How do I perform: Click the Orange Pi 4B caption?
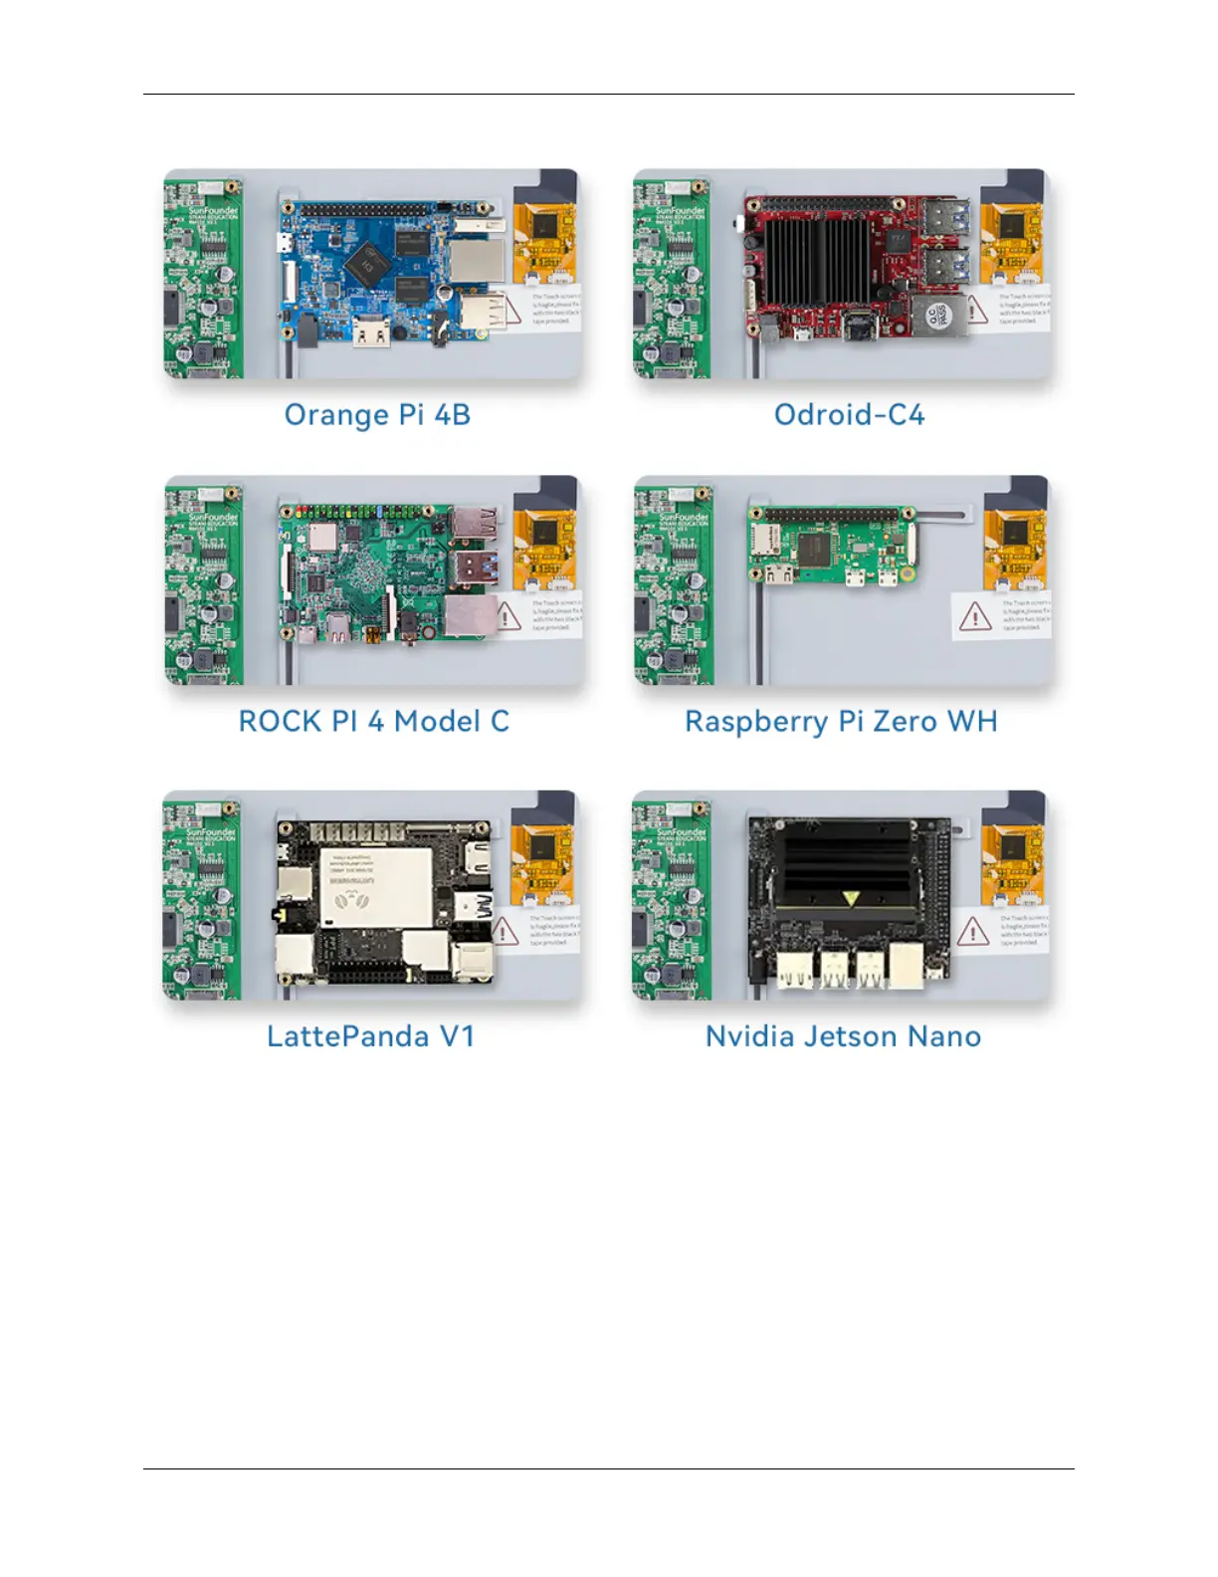(377, 414)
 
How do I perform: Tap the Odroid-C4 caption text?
(849, 414)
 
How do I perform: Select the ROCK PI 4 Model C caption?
(373, 721)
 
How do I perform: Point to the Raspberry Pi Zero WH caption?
(841, 721)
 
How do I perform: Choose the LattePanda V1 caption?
(370, 1036)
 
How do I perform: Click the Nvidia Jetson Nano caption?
(843, 1036)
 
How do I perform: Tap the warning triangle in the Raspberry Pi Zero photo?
(974, 617)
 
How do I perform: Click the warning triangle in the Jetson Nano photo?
(972, 932)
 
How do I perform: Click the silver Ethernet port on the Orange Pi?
(468, 261)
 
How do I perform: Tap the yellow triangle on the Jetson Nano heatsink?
(851, 899)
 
